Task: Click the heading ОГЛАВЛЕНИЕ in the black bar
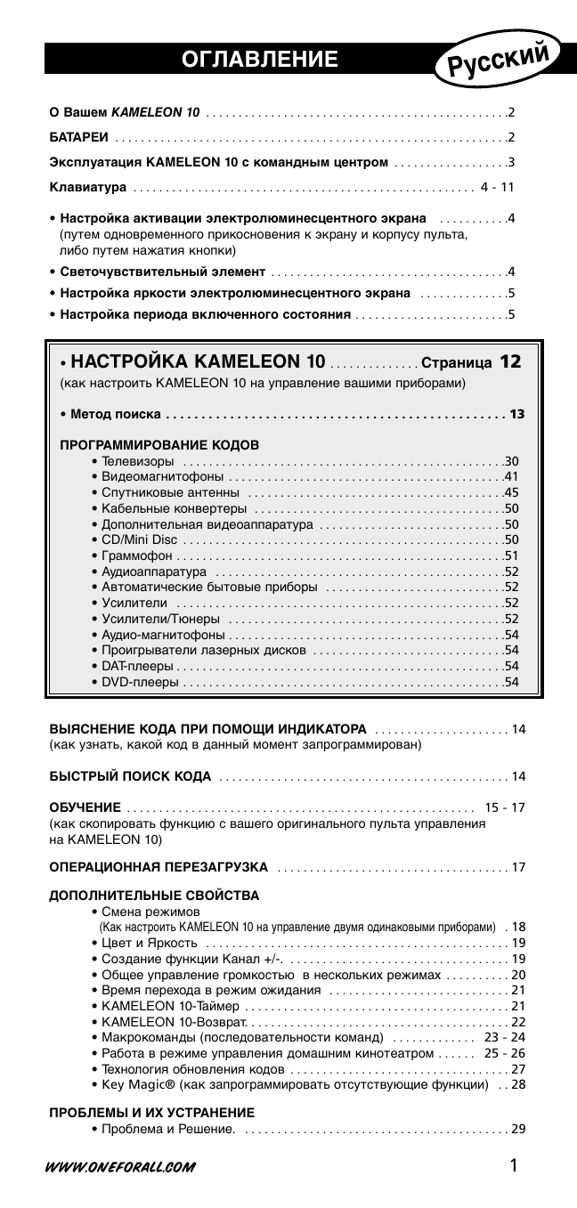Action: pyautogui.click(x=259, y=60)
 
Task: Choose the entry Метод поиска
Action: pyautogui.click(x=110, y=414)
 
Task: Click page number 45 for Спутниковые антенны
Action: pyautogui.click(x=511, y=492)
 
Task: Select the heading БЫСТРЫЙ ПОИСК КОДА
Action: pyautogui.click(x=130, y=777)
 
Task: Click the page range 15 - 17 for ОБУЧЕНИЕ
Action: pyautogui.click(x=505, y=807)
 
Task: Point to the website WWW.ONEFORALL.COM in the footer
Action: pyautogui.click(x=121, y=1167)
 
